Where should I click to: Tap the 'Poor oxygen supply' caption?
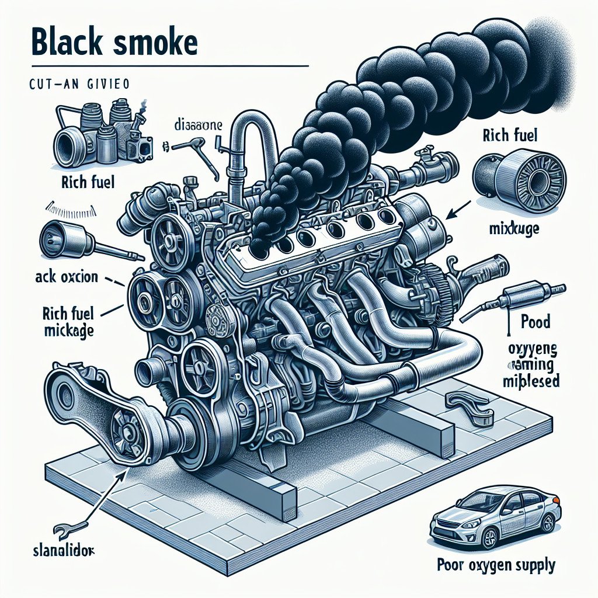tap(495, 565)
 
